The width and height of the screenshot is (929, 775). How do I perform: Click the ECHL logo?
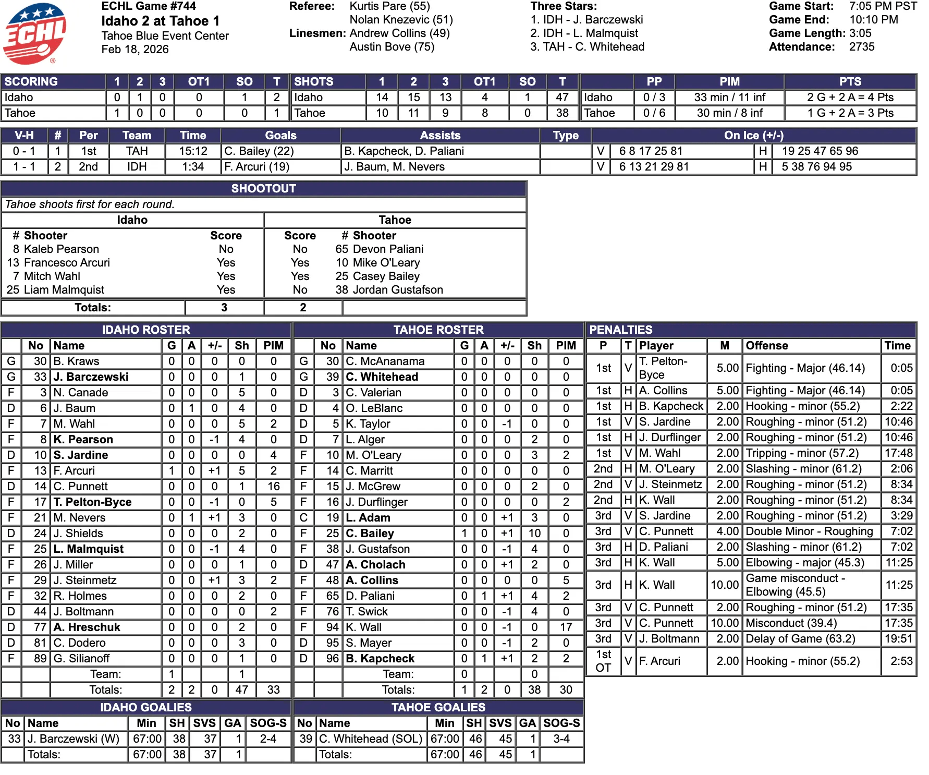point(34,33)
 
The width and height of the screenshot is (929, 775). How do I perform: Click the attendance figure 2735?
point(862,47)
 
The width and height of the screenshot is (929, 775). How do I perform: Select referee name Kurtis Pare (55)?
point(389,6)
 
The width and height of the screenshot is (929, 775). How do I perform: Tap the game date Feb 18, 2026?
point(135,50)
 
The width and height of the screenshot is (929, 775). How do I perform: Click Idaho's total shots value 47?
point(562,98)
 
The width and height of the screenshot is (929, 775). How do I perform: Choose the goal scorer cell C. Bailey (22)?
point(259,151)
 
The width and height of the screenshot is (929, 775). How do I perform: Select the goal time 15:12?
point(193,151)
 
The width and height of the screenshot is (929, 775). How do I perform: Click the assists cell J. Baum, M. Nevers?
point(394,167)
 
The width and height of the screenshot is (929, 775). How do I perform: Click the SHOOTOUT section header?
point(263,189)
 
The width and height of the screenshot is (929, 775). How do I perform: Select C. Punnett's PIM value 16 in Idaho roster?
point(274,487)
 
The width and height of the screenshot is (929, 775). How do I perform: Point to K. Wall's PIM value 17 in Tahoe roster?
point(566,627)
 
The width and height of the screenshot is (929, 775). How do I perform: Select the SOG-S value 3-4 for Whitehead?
point(561,739)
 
